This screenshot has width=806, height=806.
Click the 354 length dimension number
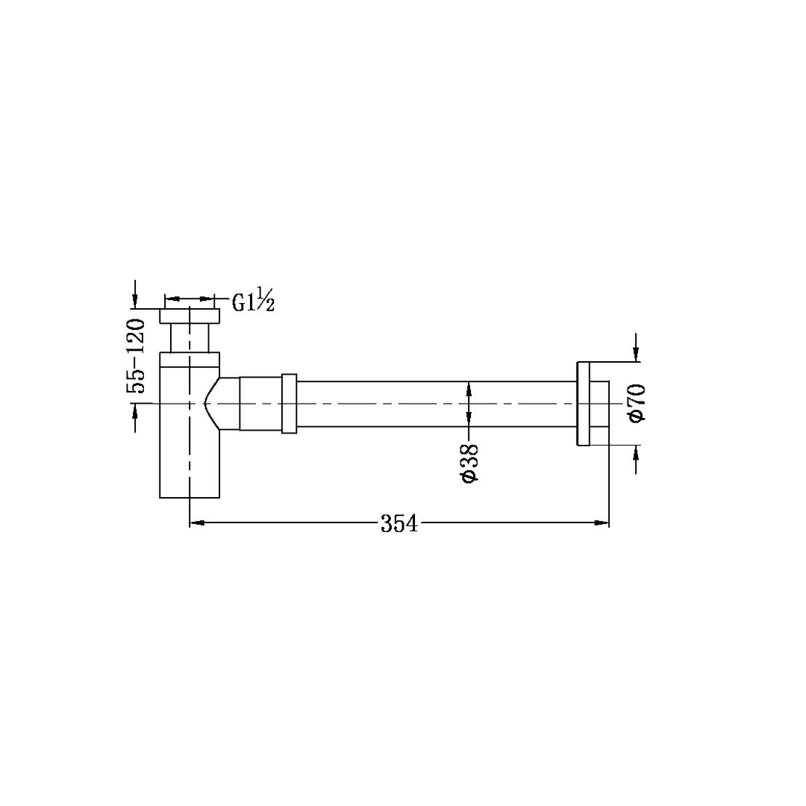coord(399,524)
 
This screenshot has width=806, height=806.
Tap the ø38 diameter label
coord(469,463)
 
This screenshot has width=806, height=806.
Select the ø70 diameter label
coord(637,404)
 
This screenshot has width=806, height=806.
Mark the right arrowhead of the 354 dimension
coord(602,523)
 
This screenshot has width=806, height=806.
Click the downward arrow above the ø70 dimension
coord(636,355)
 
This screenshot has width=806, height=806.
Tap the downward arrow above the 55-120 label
coord(135,299)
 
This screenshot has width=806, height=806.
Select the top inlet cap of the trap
coord(190,316)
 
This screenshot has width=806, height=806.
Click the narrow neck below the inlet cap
coord(190,338)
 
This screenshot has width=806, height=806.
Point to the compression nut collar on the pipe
coord(289,403)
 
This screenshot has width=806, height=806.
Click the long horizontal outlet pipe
coord(433,404)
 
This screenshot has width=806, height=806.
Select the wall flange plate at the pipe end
coord(583,404)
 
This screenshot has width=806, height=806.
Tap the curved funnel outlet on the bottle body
coord(222,403)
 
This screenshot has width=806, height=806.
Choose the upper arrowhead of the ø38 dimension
coord(469,387)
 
